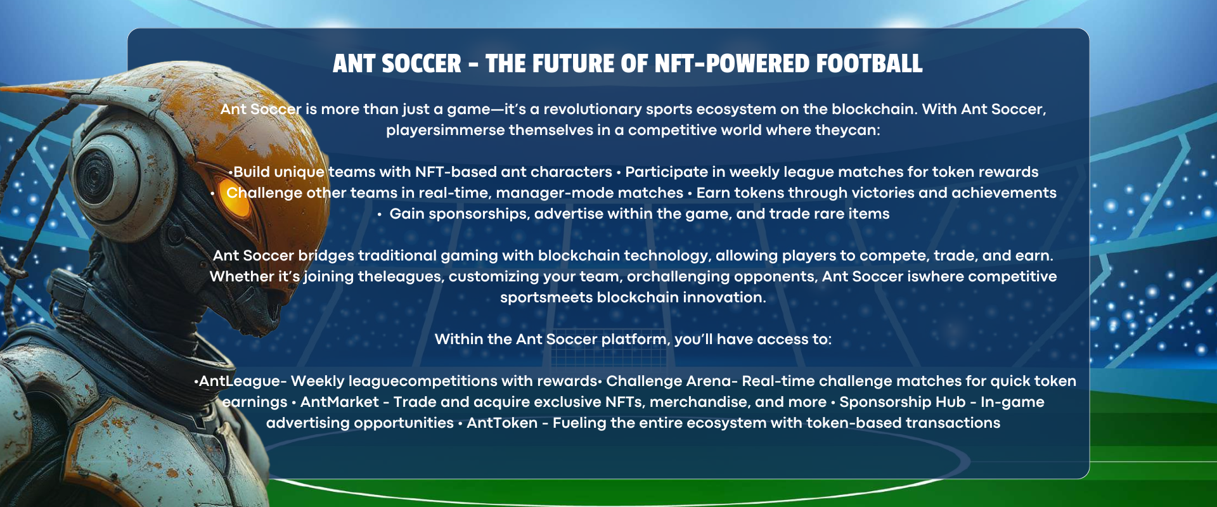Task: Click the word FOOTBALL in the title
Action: pyautogui.click(x=869, y=64)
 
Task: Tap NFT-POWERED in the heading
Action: pyautogui.click(x=731, y=64)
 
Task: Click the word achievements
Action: pyautogui.click(x=1004, y=193)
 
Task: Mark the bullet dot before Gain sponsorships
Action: pyautogui.click(x=380, y=215)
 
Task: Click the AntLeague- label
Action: pyautogui.click(x=243, y=381)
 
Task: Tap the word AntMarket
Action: pyautogui.click(x=339, y=402)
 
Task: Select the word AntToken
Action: pyautogui.click(x=502, y=423)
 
